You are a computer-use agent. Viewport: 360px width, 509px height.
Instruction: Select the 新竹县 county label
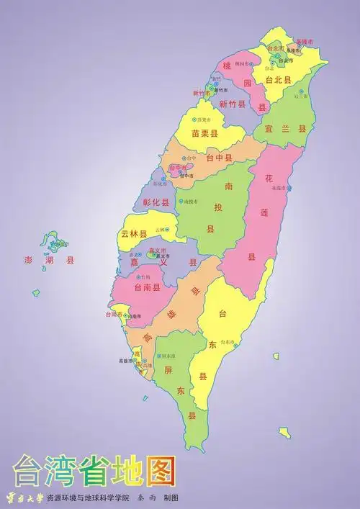(233, 104)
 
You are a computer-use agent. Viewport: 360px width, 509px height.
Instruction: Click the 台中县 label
(219, 157)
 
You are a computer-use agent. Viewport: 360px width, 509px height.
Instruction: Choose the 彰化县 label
(156, 203)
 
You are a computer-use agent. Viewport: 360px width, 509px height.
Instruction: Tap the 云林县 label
(134, 235)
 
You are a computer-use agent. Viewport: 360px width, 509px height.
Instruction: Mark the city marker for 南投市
(181, 202)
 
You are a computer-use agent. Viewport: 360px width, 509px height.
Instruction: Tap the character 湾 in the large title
(63, 472)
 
